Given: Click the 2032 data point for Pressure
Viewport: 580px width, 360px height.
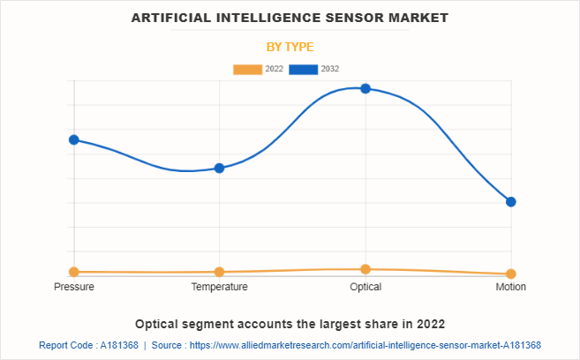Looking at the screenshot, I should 74,139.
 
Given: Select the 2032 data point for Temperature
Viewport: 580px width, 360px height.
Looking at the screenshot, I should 220,168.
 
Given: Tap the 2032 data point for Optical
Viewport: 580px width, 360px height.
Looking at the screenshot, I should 365,88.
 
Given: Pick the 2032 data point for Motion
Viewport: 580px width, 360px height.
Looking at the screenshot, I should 510,201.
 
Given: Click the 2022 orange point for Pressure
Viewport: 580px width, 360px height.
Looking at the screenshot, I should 74,272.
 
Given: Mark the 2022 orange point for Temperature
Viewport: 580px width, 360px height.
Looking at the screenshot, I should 220,272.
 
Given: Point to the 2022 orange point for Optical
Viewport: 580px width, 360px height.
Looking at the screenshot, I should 365,269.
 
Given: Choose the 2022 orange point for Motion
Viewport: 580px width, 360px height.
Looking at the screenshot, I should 510,274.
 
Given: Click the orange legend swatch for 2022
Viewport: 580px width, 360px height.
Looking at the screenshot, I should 247,69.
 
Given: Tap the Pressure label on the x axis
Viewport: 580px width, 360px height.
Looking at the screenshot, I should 74,287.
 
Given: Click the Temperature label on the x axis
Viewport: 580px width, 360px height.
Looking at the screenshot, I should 220,287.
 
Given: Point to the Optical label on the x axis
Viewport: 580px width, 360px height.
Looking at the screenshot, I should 365,287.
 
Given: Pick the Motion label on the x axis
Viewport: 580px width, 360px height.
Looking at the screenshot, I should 510,287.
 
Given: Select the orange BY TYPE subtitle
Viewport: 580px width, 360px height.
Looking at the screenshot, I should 290,46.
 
